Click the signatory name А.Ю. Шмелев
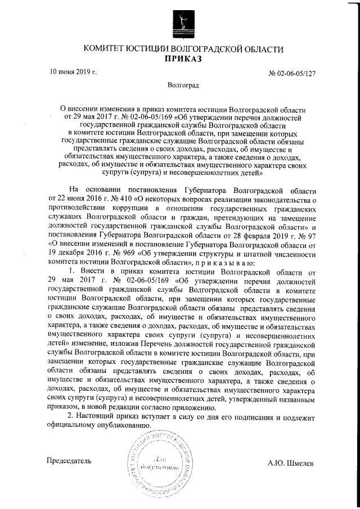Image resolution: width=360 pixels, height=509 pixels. [x=291, y=463]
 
